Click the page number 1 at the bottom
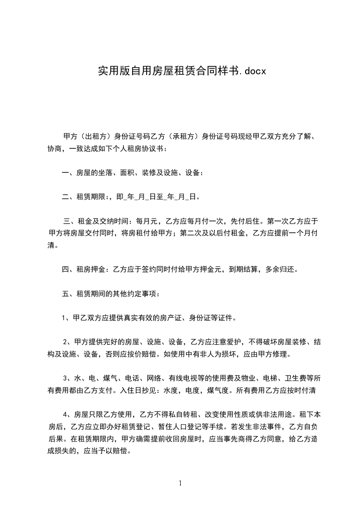click(x=180, y=484)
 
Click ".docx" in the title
click(x=251, y=71)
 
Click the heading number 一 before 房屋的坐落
click(x=65, y=172)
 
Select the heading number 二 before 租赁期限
click(x=65, y=197)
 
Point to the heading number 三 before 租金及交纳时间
click(x=68, y=221)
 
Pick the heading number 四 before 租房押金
click(x=65, y=269)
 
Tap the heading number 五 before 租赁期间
click(x=65, y=294)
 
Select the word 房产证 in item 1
click(x=163, y=318)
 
